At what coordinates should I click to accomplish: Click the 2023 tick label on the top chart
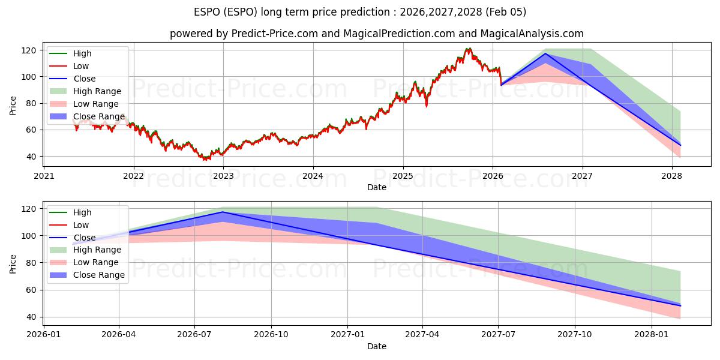223,176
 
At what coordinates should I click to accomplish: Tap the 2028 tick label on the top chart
672,176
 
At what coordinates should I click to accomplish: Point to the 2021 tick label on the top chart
44,176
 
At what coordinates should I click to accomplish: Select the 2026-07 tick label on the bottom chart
195,334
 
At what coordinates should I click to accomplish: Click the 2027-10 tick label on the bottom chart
575,334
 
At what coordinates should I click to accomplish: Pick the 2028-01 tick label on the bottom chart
651,334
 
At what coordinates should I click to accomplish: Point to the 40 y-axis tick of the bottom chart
31,317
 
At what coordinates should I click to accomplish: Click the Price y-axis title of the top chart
13,106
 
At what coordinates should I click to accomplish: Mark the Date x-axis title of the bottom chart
376,346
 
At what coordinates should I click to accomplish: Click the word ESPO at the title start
207,12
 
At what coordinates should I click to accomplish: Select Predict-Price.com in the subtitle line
275,34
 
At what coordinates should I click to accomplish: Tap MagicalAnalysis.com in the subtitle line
522,34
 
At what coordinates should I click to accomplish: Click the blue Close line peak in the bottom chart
223,212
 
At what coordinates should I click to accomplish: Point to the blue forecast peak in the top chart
545,54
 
